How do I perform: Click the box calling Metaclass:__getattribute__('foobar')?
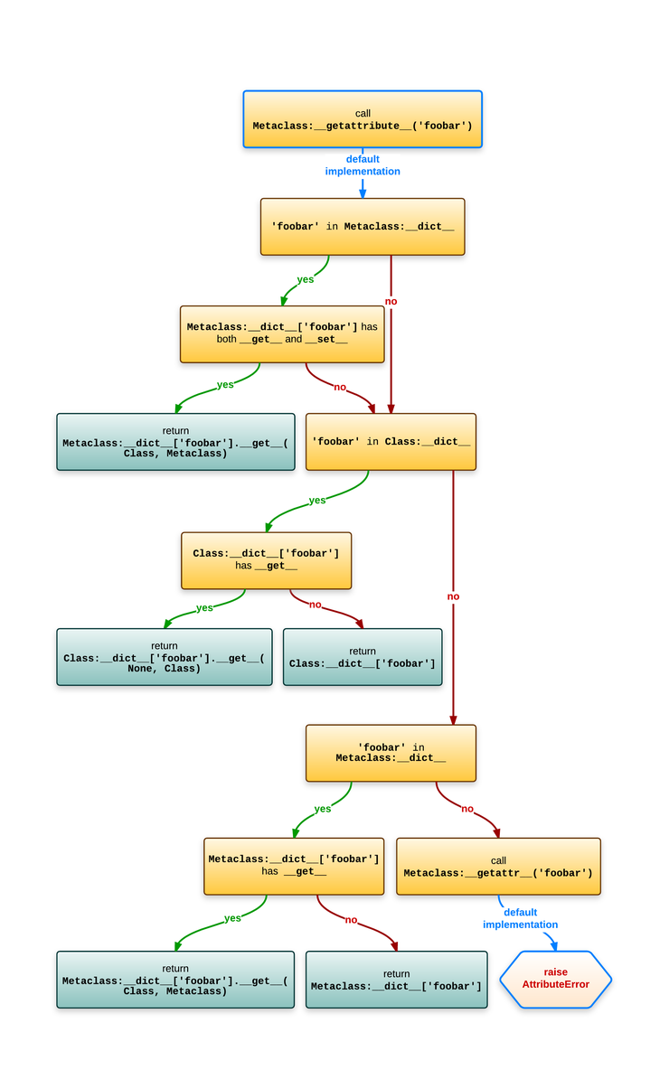(x=362, y=119)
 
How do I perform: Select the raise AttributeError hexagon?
(x=555, y=979)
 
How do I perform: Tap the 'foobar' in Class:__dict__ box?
(x=391, y=442)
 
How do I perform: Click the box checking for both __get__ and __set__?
(x=282, y=333)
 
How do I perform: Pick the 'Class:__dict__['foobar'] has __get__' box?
(x=266, y=559)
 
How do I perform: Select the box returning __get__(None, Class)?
(x=164, y=657)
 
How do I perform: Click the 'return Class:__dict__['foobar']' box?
(x=362, y=657)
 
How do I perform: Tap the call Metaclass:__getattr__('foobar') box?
(x=498, y=867)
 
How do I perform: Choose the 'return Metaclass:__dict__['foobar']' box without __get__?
(x=396, y=980)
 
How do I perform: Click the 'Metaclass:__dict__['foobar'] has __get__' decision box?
(x=294, y=866)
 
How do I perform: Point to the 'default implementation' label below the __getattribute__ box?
(x=363, y=165)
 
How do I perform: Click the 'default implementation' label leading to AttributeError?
(x=520, y=918)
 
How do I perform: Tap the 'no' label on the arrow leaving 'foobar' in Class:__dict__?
(x=453, y=596)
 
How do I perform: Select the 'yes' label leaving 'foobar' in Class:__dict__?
(x=317, y=500)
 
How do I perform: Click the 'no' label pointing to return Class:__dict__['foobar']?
(x=315, y=604)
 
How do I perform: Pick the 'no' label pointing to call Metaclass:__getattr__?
(x=466, y=809)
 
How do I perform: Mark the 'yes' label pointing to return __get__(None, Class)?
(x=205, y=607)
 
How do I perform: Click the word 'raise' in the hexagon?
(x=555, y=972)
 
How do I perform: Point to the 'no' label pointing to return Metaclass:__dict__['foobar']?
(x=351, y=919)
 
